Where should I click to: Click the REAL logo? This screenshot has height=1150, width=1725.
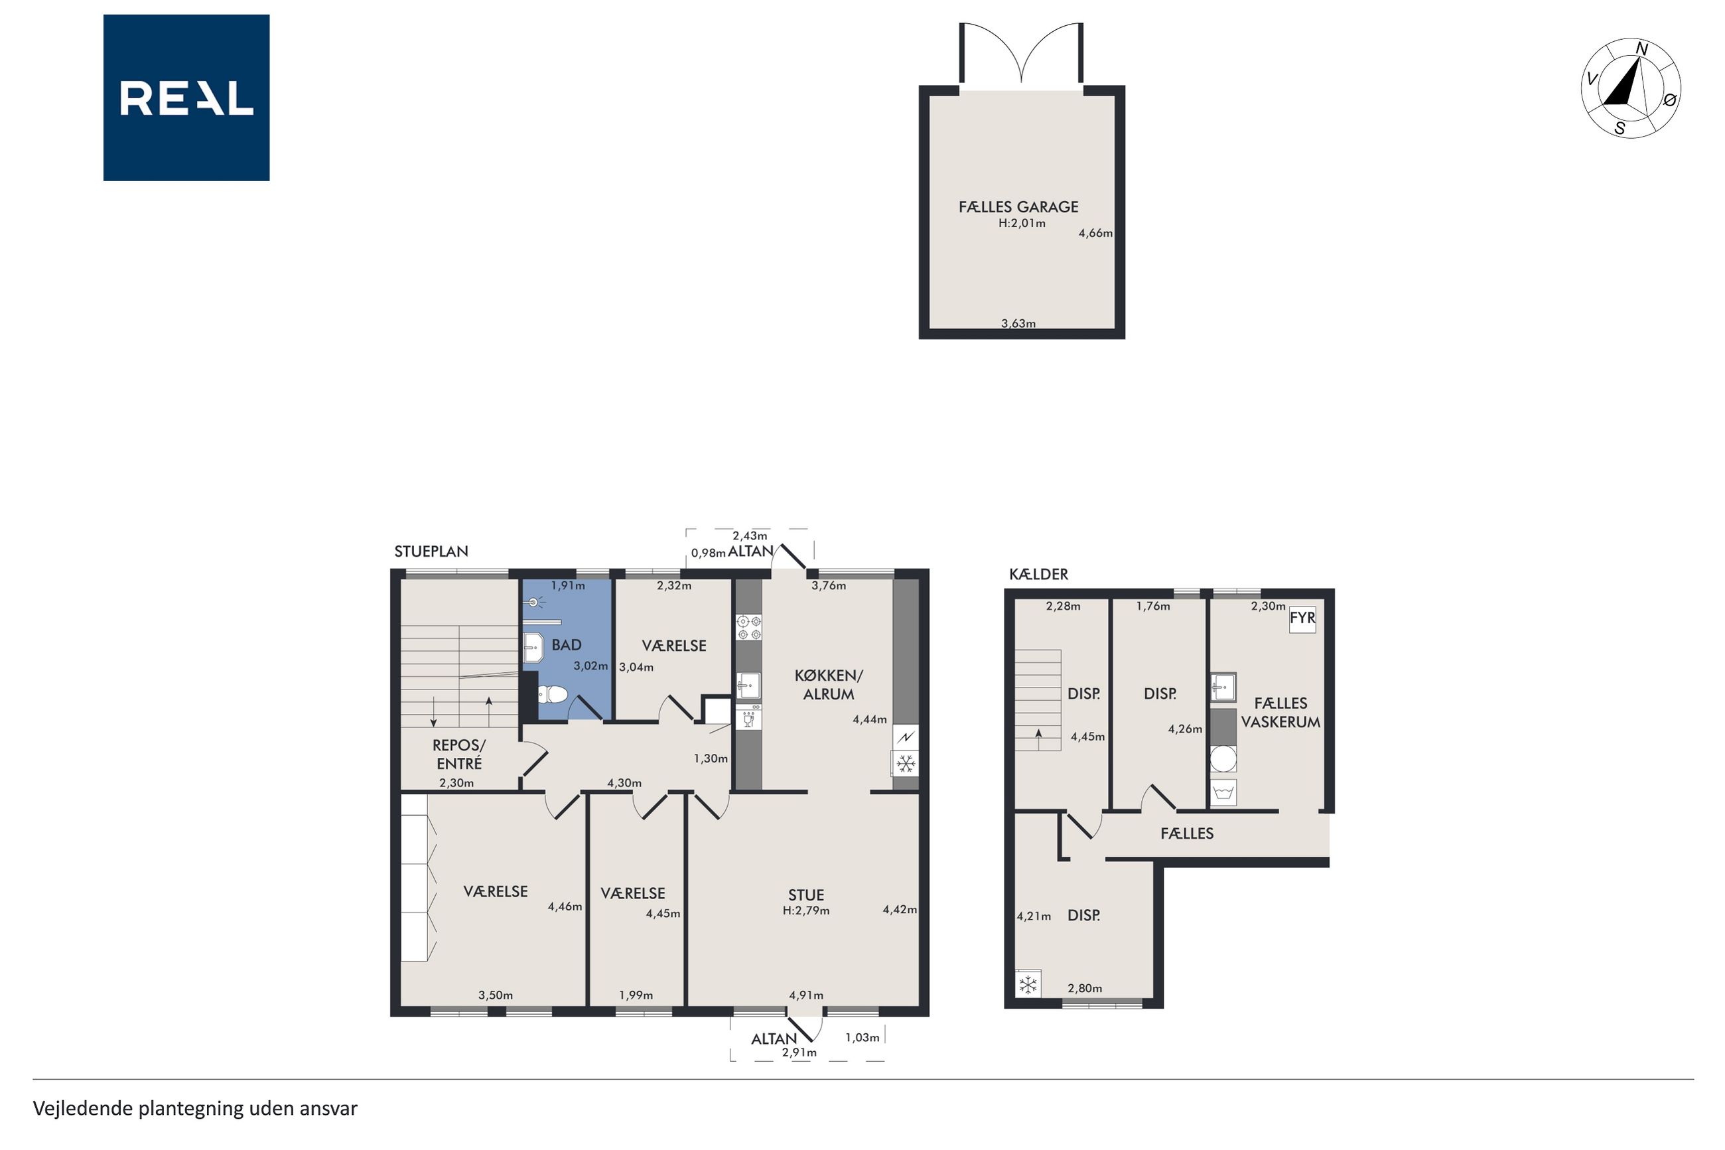tap(186, 98)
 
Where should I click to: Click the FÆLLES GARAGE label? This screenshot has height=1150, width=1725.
tap(1018, 207)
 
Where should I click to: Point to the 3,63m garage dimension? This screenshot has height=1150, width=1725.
tap(1018, 323)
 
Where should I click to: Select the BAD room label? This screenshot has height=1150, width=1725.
tap(566, 644)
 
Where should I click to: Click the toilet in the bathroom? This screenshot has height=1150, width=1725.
tap(553, 694)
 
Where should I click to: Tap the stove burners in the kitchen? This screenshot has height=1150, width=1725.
tap(748, 628)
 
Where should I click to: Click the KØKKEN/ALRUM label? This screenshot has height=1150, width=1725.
tap(829, 684)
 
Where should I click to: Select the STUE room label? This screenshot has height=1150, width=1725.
tap(805, 895)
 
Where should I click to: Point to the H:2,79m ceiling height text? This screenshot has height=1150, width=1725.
tap(805, 911)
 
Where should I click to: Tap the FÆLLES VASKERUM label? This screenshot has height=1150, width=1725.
tap(1280, 712)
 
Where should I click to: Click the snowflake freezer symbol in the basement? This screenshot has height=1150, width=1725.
tap(1028, 984)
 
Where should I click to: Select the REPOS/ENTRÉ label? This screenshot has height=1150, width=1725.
tap(459, 754)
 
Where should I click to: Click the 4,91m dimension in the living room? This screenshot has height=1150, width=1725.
tap(805, 995)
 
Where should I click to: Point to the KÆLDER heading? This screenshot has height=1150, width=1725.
tap(1038, 574)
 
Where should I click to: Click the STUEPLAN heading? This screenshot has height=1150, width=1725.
tap(431, 551)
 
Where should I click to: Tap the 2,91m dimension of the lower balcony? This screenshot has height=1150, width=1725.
tap(799, 1052)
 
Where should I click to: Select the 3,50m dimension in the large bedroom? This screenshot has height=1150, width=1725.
tap(496, 995)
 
